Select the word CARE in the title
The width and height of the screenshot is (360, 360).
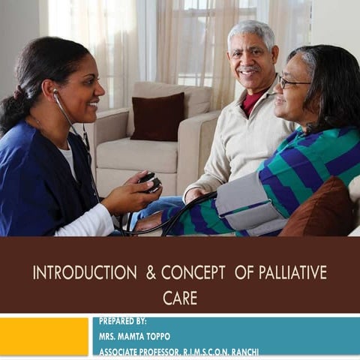pyautogui.click(x=179, y=298)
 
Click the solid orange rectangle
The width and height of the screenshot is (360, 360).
pyautogui.click(x=43, y=336)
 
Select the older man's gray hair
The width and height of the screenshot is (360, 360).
pyautogui.click(x=253, y=32)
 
